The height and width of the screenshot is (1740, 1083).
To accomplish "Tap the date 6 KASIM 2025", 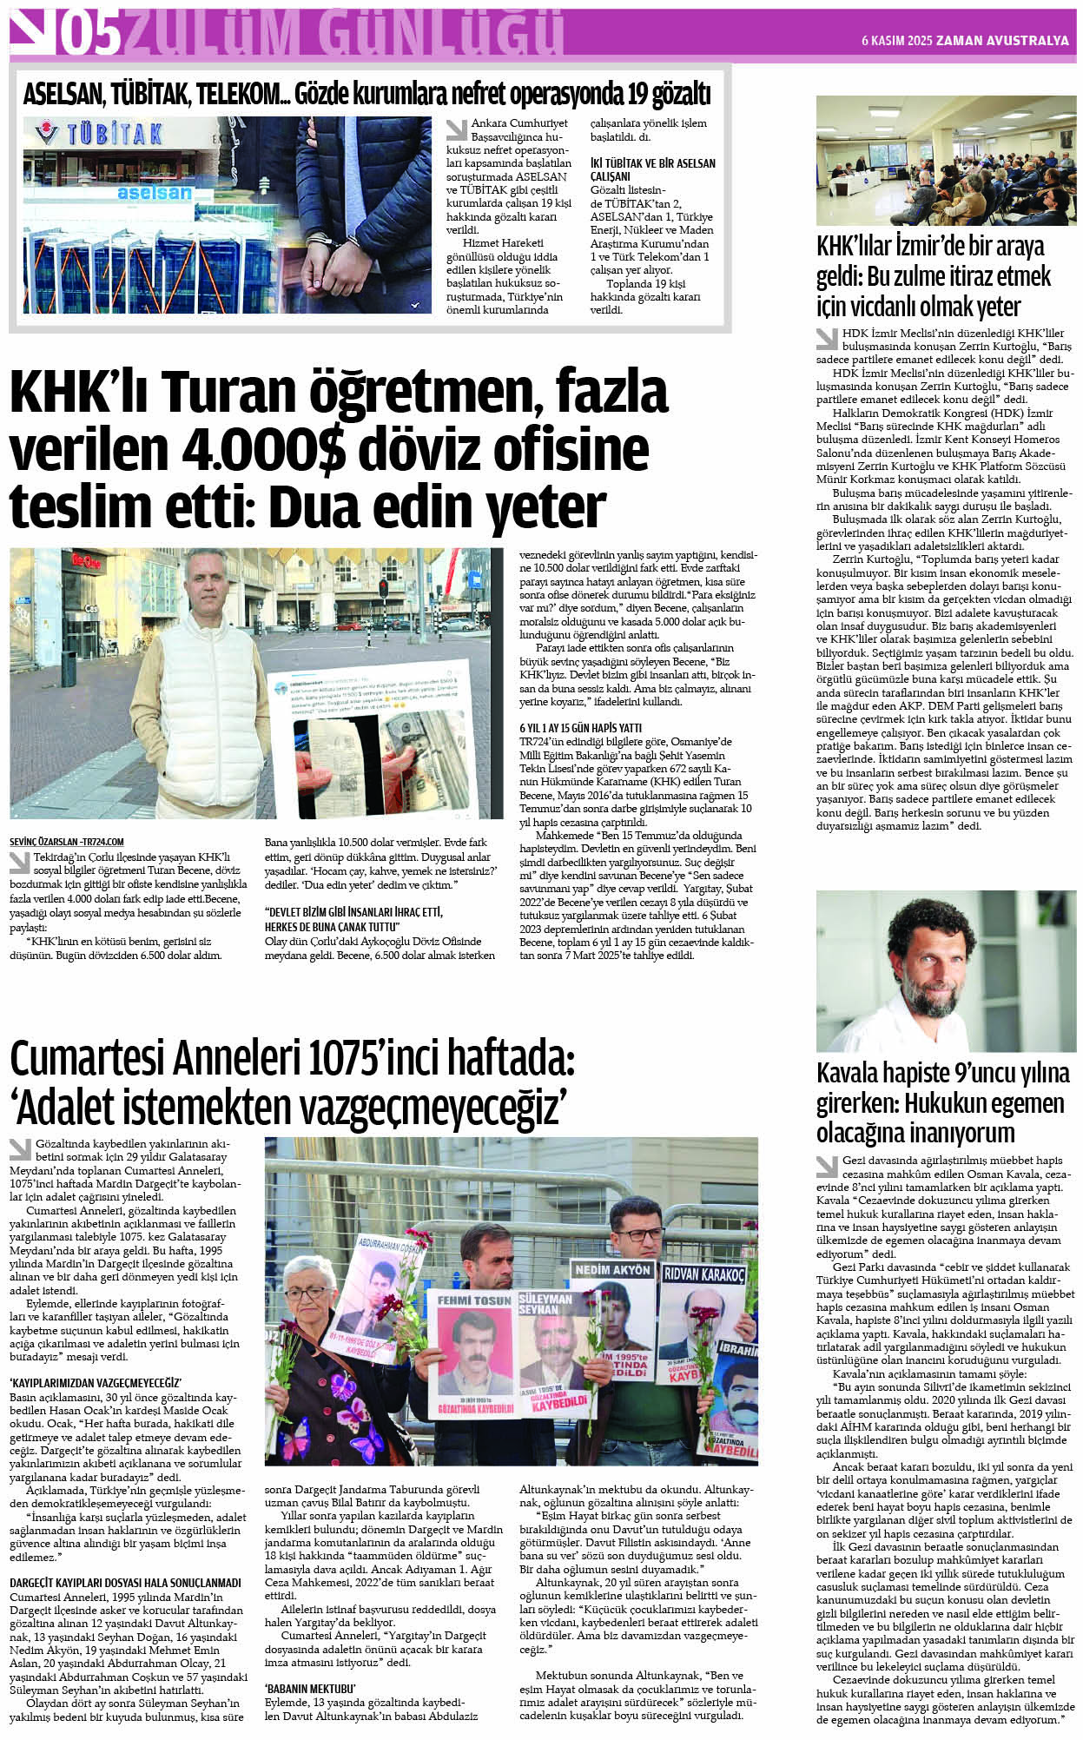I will click(896, 41).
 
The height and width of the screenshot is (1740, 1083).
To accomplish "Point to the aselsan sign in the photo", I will click(154, 192).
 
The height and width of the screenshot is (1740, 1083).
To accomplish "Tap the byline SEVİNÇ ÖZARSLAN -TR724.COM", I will click(67, 842).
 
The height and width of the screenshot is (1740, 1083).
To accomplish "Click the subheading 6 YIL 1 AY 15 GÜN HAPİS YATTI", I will click(580, 727).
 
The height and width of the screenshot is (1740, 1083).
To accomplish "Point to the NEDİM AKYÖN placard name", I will click(612, 1270).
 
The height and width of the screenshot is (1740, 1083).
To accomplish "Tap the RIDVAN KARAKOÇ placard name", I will click(703, 1274).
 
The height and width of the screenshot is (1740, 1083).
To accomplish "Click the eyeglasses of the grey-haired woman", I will click(305, 1293).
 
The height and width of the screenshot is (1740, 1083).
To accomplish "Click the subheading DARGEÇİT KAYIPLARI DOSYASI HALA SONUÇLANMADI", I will click(125, 1583).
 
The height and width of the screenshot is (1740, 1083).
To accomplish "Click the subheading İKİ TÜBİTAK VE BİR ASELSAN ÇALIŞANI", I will click(652, 169).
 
